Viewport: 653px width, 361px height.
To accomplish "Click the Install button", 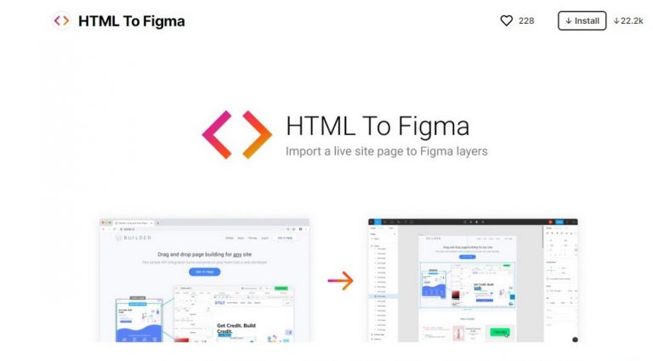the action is click(x=582, y=20).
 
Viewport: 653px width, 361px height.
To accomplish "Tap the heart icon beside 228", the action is click(x=506, y=20).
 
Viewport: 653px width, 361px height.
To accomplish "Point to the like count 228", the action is click(x=526, y=20).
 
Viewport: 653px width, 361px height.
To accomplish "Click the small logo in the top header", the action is click(x=61, y=20).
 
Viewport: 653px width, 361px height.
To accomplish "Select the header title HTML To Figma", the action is click(x=131, y=21).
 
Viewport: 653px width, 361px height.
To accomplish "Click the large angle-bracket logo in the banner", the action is click(x=236, y=133).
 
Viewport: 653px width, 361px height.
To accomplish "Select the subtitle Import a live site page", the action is click(x=387, y=152).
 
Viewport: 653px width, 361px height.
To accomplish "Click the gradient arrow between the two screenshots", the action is click(x=340, y=280).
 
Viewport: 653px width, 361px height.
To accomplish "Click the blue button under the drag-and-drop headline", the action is click(x=204, y=272).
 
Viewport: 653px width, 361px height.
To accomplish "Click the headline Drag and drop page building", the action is click(x=204, y=253).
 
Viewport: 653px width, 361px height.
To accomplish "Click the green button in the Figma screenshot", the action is click(x=499, y=332).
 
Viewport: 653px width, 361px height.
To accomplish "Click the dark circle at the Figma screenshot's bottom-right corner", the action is click(x=575, y=340).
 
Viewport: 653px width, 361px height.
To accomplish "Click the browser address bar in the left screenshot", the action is click(x=204, y=229).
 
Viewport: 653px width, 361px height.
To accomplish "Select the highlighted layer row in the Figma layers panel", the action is click(x=383, y=296).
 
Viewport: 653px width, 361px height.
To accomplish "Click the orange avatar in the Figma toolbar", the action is click(x=550, y=222).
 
